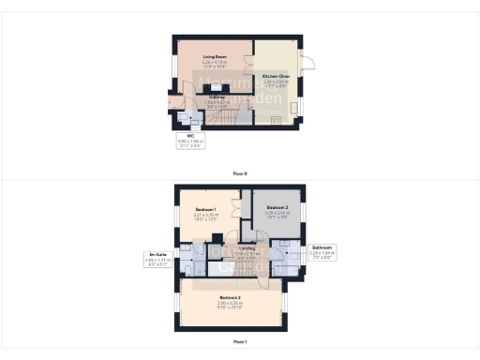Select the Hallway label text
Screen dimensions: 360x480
pyautogui.click(x=217, y=97)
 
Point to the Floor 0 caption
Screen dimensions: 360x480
pyautogui.click(x=240, y=173)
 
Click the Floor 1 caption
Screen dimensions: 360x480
pyautogui.click(x=240, y=341)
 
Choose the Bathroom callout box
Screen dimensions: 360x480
pyautogui.click(x=322, y=250)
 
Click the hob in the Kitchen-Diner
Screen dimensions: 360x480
pyautogui.click(x=276, y=120)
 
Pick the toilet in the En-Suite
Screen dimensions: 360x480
pyautogui.click(x=185, y=269)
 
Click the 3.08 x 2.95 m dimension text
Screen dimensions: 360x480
pyautogui.click(x=277, y=213)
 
